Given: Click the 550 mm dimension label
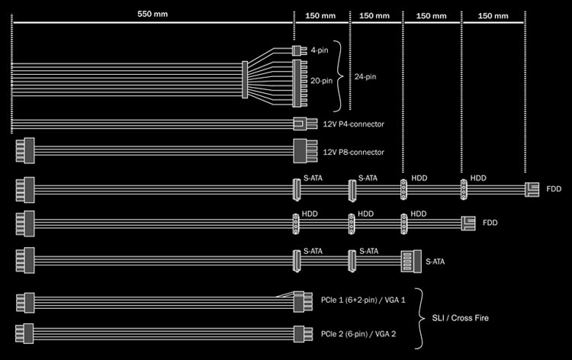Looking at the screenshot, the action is (153, 14).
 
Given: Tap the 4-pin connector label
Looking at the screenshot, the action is (320, 50).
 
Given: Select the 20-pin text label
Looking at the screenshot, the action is (321, 81).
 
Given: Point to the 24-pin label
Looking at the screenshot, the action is (365, 76).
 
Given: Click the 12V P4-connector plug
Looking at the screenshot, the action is (305, 124).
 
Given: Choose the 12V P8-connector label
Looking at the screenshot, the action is (353, 152).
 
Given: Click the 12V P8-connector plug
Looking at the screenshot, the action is (305, 151).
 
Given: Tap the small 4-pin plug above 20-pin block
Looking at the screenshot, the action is (299, 50).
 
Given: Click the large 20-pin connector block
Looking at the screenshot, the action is (300, 84).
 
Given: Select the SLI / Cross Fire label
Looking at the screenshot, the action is (460, 318).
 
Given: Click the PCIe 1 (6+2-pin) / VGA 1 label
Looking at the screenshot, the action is (363, 301).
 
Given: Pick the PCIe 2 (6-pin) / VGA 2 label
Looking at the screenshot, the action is (358, 334).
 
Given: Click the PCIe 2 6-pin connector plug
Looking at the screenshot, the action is (303, 334).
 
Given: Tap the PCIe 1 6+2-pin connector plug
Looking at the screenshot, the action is (303, 301).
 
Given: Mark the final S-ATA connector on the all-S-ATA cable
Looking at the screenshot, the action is (411, 261).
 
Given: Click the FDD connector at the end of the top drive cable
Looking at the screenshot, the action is (532, 190).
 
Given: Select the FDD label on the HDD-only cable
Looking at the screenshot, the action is (490, 223).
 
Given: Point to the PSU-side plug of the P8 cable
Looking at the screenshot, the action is (25, 150).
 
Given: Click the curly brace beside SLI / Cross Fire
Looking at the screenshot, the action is (420, 318).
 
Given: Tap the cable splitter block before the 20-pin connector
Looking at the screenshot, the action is (245, 80).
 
